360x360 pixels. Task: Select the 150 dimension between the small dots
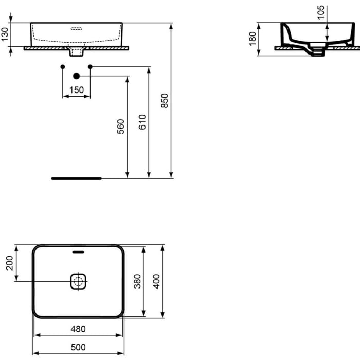[77, 90]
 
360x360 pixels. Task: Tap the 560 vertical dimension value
[121, 127]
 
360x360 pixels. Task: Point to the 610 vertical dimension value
[142, 122]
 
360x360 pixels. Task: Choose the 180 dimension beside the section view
[253, 39]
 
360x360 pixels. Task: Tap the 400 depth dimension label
[157, 281]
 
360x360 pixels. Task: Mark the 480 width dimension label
[78, 329]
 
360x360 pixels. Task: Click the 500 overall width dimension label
[78, 348]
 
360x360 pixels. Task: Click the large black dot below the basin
[77, 76]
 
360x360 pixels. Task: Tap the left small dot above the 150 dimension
[62, 67]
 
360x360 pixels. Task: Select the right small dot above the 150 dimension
[91, 67]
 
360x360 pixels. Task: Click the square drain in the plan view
[78, 281]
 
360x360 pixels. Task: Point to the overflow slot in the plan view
[78, 252]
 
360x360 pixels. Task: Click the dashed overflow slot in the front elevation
[77, 29]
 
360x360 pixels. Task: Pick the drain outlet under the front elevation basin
[77, 51]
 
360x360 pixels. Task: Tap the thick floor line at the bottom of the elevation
[77, 178]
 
